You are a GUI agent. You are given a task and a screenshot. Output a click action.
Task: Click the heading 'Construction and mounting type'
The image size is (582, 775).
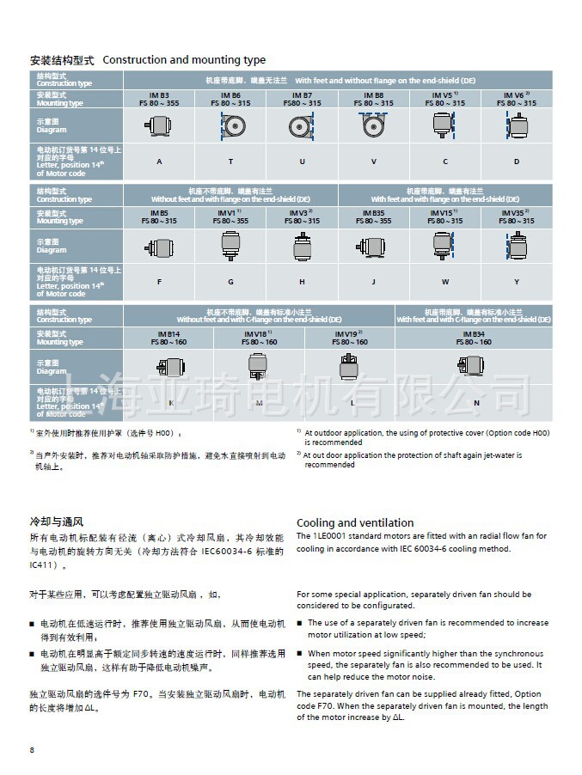184,60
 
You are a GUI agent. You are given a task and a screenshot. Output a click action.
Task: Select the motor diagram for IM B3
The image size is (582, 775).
159,126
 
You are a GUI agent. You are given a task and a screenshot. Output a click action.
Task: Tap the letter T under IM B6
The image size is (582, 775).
230,162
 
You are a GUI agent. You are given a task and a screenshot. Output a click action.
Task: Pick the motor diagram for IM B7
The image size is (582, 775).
302,126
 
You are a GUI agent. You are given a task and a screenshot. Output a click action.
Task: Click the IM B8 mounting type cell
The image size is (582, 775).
373,99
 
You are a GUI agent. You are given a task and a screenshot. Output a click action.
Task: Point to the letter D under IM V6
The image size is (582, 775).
517,162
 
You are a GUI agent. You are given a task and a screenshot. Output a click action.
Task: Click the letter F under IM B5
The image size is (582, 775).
159,281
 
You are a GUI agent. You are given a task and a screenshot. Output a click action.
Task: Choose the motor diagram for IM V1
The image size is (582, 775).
230,247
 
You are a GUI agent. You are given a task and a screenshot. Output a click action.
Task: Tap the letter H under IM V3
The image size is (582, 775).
302,281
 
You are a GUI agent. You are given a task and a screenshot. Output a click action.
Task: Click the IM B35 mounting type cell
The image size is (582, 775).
373,216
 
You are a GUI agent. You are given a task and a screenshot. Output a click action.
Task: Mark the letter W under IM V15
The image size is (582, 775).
444,281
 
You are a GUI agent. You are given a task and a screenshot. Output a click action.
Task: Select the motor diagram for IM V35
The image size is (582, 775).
517,246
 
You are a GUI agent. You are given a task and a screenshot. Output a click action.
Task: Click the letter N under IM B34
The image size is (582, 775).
476,402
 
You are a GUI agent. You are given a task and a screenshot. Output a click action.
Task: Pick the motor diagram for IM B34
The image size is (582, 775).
476,367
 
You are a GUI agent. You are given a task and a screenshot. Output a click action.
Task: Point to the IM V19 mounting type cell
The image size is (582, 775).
349,337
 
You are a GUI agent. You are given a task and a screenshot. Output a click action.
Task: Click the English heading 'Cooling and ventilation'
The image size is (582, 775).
355,522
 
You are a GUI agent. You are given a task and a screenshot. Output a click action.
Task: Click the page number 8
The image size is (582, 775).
33,750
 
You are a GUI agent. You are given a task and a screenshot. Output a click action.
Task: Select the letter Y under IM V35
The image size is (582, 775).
517,281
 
